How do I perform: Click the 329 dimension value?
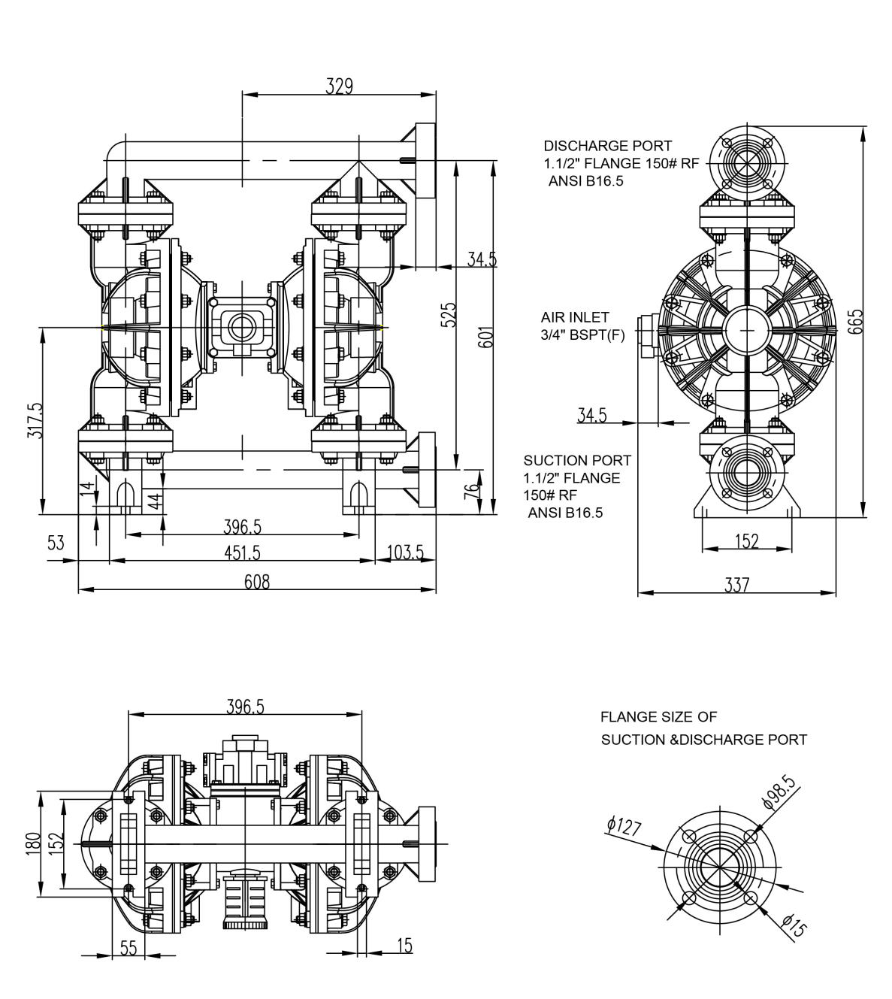click(339, 85)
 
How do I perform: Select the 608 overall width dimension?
click(256, 581)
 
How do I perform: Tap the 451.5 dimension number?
click(242, 552)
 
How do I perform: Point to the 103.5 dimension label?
click(404, 552)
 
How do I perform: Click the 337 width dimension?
click(736, 584)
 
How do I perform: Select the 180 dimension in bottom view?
click(32, 843)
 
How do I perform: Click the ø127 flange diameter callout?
click(624, 827)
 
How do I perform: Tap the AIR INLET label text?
click(574, 318)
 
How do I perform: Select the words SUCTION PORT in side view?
click(577, 460)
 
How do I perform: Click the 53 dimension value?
click(56, 543)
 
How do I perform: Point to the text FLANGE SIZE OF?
click(658, 717)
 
